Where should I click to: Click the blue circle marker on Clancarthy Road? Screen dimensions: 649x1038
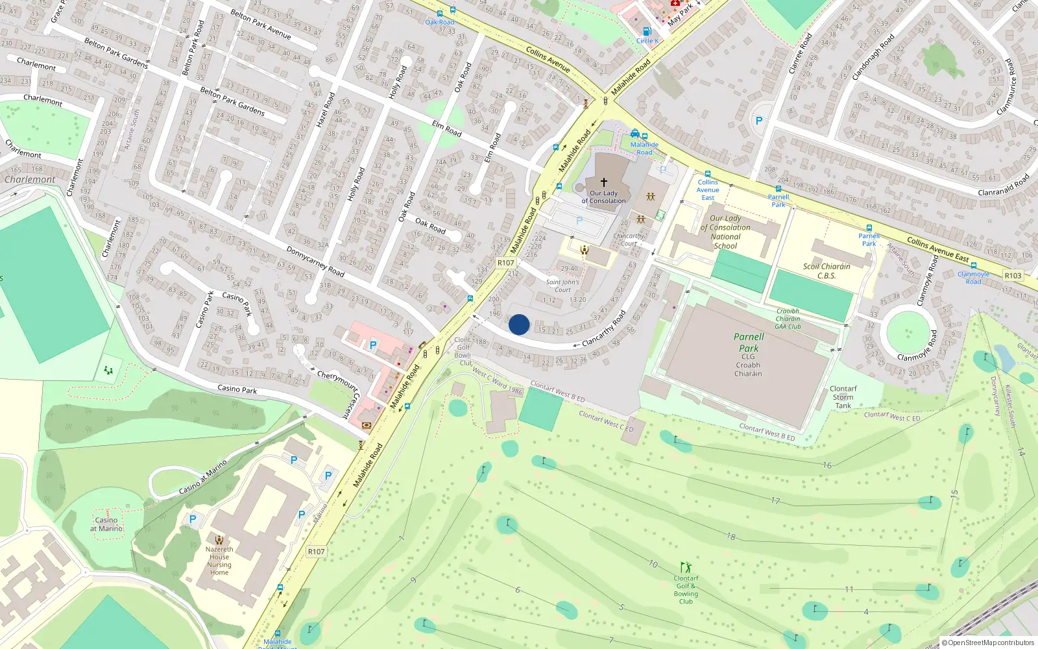coord(519,324)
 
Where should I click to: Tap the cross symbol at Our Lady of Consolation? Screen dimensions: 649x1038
coord(604,182)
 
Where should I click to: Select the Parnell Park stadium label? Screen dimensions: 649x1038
coord(749,342)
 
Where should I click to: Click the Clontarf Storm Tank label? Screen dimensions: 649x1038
coord(843,397)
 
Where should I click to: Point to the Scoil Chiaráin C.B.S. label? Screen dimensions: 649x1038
coord(827,271)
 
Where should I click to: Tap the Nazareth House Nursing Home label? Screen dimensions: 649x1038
coord(219,560)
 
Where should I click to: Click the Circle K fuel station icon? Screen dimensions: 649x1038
coord(646,31)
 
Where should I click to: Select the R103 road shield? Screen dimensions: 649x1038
coord(1013,275)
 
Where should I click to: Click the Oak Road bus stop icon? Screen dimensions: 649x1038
coord(441,13)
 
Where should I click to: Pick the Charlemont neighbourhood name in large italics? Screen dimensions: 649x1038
coord(30,180)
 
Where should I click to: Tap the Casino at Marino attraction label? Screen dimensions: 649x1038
coord(106,524)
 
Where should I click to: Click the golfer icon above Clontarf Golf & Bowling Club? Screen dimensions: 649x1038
coord(686,568)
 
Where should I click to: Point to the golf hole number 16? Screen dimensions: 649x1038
coord(827,465)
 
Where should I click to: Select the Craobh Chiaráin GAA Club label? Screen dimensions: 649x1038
coord(788,319)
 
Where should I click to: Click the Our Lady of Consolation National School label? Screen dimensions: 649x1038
coord(725,232)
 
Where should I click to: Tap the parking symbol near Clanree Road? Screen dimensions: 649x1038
coord(759,121)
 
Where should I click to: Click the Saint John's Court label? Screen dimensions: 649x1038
coord(562,286)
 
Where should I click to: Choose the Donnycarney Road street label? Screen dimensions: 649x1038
coord(315,261)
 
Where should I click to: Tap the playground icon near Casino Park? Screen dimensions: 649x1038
coord(108,371)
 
